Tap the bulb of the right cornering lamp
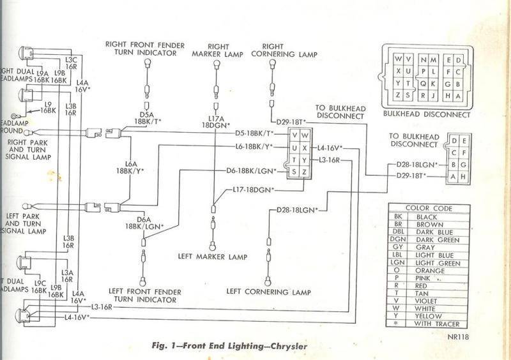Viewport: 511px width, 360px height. point(274,64)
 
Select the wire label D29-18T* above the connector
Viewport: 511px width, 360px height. point(291,121)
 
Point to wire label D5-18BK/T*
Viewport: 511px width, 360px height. point(253,133)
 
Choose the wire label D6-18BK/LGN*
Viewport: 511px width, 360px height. point(251,171)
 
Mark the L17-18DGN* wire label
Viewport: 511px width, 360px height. point(253,190)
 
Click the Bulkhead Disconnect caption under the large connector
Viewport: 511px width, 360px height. point(425,115)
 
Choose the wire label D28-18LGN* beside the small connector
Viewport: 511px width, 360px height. point(413,165)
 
